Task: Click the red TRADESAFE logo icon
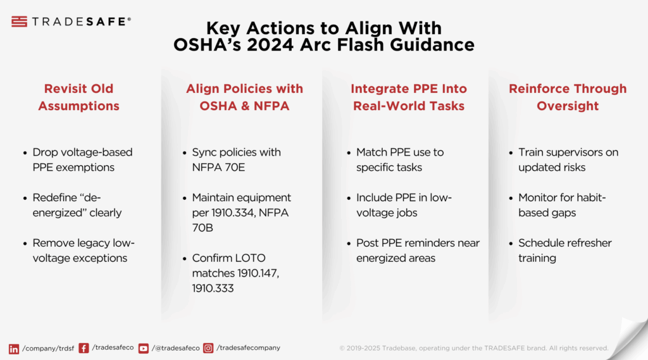[19, 22]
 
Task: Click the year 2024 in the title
[270, 45]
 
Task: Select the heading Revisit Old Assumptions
[79, 97]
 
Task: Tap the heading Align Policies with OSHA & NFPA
[244, 97]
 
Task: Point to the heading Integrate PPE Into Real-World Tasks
[409, 97]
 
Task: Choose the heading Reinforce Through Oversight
[568, 97]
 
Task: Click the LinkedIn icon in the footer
[14, 349]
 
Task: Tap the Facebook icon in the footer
[84, 348]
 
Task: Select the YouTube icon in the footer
[144, 349]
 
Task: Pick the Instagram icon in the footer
[208, 348]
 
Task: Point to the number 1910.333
[213, 288]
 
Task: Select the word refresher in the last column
[587, 243]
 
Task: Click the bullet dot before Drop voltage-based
[25, 153]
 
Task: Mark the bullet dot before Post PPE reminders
[349, 244]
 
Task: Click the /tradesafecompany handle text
[248, 348]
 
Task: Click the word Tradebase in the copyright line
[399, 348]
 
